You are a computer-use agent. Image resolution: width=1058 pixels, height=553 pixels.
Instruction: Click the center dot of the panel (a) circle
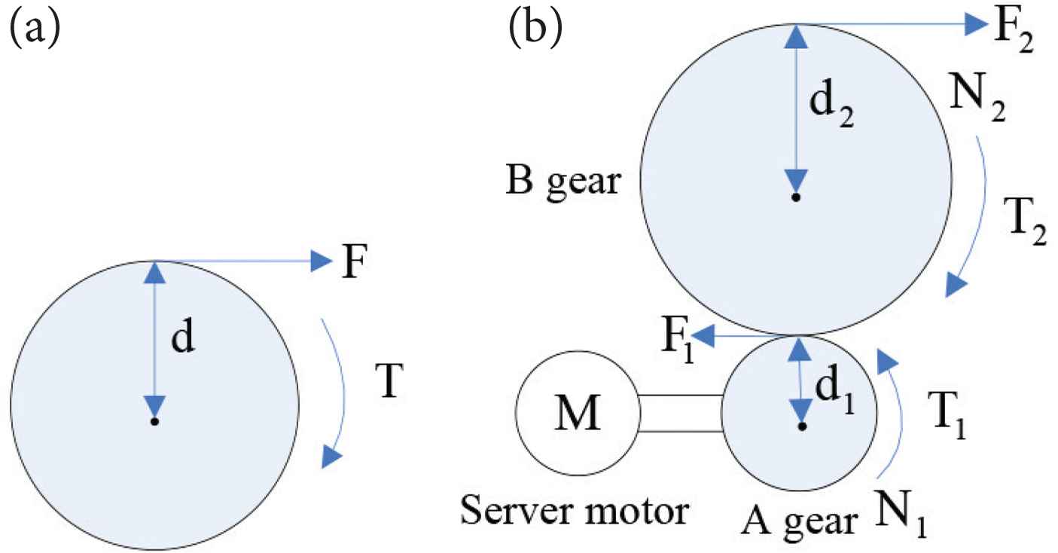point(154,421)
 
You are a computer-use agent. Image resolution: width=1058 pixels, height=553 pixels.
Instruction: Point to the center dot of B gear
point(795,197)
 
